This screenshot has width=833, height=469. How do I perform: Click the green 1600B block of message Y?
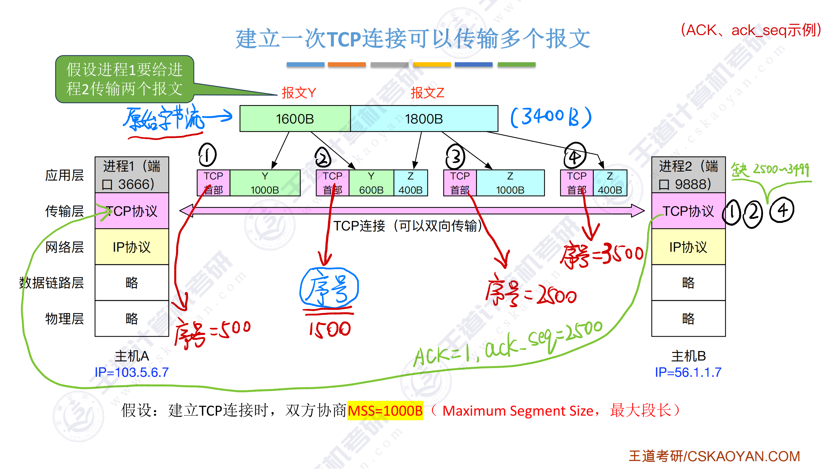(x=295, y=119)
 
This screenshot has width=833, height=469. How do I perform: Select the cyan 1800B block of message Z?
(x=424, y=119)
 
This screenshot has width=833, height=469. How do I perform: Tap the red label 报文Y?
(x=299, y=93)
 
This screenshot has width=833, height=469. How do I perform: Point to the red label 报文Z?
(x=427, y=93)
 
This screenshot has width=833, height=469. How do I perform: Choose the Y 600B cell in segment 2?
(x=371, y=183)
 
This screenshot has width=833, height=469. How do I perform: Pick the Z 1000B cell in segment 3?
(x=510, y=183)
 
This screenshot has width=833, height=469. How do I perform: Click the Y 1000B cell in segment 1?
(x=265, y=183)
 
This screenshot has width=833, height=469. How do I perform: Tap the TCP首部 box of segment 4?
(x=577, y=183)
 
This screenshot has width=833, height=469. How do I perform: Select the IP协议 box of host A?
(x=131, y=247)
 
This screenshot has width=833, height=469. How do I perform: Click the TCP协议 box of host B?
(x=688, y=211)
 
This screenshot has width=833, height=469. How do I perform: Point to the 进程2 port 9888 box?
(x=688, y=175)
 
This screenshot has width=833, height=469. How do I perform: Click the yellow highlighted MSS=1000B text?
(x=385, y=411)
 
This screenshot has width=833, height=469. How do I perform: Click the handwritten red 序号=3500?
(x=602, y=256)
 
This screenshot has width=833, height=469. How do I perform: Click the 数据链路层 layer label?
(x=52, y=283)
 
